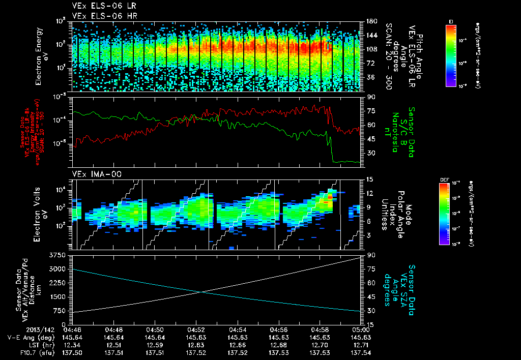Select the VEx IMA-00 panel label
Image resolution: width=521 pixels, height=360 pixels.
(93, 174)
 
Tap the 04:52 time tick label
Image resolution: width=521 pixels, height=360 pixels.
(196, 329)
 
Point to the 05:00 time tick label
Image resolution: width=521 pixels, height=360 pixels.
(361, 329)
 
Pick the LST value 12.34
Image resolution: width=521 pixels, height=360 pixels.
(73, 344)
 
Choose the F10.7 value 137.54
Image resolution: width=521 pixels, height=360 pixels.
(361, 351)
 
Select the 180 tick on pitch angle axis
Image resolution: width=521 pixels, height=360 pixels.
(370, 21)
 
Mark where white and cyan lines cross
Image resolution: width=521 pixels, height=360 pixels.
(202, 291)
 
